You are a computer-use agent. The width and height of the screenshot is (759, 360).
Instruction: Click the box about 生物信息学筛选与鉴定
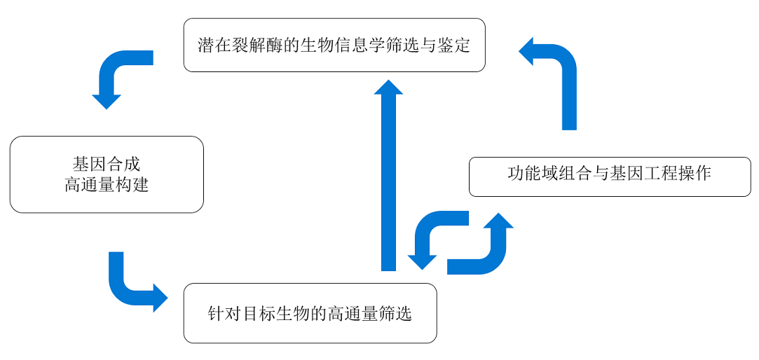[x=334, y=45]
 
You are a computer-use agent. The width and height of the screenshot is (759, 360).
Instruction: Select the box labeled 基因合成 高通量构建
[x=107, y=174]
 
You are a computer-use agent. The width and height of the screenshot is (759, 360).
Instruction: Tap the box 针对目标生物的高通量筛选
[x=310, y=313]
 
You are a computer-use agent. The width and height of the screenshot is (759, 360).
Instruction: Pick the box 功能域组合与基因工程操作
[x=610, y=176]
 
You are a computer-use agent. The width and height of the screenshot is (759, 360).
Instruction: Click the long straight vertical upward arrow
[x=389, y=174]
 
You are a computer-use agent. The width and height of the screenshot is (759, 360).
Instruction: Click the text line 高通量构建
[x=107, y=185]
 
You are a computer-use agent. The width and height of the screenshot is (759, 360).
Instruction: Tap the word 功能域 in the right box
[x=533, y=173]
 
